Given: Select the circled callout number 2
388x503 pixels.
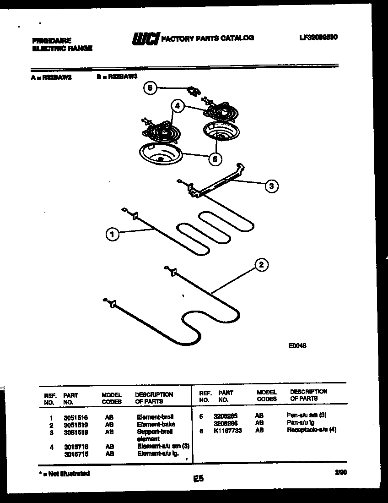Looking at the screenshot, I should point(261,265).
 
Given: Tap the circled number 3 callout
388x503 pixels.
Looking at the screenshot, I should point(271,186).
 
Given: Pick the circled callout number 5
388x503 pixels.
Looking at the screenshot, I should point(215,159).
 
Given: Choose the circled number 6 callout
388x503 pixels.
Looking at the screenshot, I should point(150,88).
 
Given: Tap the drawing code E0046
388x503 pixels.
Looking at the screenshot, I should point(296,346).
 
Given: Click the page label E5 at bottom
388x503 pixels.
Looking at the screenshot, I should point(198,479).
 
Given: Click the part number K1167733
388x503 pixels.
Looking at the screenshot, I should point(227,431).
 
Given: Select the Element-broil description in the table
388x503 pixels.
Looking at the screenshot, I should point(156,417).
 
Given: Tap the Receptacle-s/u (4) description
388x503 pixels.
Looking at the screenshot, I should point(312,430).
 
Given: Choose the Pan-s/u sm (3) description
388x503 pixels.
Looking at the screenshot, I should point(307,416).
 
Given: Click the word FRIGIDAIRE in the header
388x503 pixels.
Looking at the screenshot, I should point(52,41).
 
